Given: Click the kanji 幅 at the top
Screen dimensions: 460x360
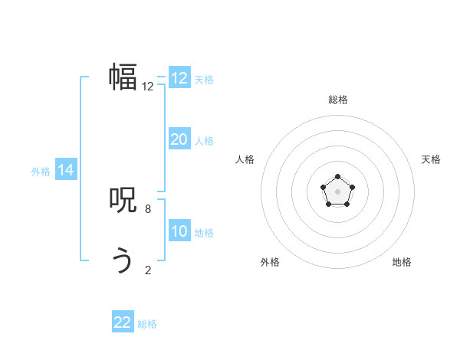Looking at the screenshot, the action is (123, 77).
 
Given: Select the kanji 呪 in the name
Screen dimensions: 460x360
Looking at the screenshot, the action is (123, 200).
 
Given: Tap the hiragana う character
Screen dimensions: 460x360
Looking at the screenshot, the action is (123, 261).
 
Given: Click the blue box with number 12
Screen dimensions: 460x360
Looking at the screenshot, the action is (179, 78).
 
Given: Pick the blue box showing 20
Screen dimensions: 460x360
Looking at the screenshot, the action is (179, 139).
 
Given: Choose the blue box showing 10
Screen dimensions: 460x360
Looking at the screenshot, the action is (179, 231).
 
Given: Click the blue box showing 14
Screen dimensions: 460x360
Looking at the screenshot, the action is (66, 170).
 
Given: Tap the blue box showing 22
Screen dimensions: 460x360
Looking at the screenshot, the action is (123, 322).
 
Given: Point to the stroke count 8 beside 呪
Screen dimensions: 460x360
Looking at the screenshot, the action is (148, 208).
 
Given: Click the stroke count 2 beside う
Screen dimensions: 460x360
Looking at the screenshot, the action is (148, 270).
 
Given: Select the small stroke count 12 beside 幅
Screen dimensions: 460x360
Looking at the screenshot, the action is (148, 87).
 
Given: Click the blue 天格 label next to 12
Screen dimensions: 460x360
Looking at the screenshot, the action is (204, 80).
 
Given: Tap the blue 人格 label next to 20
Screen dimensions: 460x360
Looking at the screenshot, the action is (204, 141).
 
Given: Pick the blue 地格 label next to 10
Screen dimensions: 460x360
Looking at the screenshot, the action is (204, 233).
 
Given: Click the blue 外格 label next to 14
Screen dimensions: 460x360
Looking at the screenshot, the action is (41, 172).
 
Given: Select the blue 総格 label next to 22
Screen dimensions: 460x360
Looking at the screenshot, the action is (147, 324).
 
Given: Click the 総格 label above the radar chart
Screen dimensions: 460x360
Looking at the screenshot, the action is (337, 100).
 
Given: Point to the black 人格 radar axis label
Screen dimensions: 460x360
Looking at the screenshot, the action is (245, 159).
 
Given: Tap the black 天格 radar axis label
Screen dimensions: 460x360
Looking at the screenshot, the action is (431, 159).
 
